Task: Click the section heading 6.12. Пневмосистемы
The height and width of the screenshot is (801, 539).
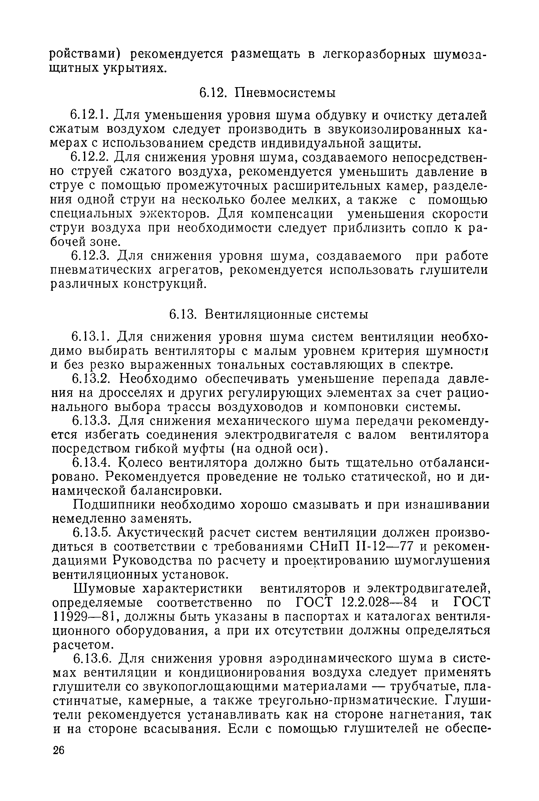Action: (x=268, y=93)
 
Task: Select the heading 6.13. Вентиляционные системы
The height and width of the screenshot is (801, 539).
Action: (x=269, y=315)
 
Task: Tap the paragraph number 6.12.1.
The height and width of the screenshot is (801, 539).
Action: (x=90, y=115)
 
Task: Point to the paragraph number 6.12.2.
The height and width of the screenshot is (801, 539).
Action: (x=90, y=157)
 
